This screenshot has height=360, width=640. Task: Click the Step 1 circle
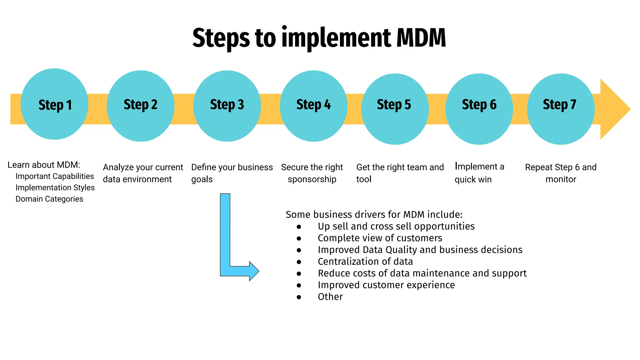54,104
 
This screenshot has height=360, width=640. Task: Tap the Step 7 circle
561,109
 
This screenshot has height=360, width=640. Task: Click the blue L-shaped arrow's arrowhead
254,271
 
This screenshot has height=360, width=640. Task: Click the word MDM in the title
421,38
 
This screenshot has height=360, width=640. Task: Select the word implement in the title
336,38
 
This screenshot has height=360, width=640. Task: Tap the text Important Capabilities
55,176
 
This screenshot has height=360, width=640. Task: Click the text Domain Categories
49,199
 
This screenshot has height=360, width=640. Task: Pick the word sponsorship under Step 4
312,179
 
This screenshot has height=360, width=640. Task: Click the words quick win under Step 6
473,180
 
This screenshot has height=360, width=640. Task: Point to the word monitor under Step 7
561,179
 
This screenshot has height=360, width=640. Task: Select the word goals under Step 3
202,180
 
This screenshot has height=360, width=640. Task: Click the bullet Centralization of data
365,262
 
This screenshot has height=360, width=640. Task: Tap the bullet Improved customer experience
386,285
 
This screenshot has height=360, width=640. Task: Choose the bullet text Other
330,297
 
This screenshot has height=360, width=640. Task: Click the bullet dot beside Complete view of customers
299,238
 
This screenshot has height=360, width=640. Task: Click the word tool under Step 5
364,179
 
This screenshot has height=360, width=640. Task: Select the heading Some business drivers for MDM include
374,215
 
